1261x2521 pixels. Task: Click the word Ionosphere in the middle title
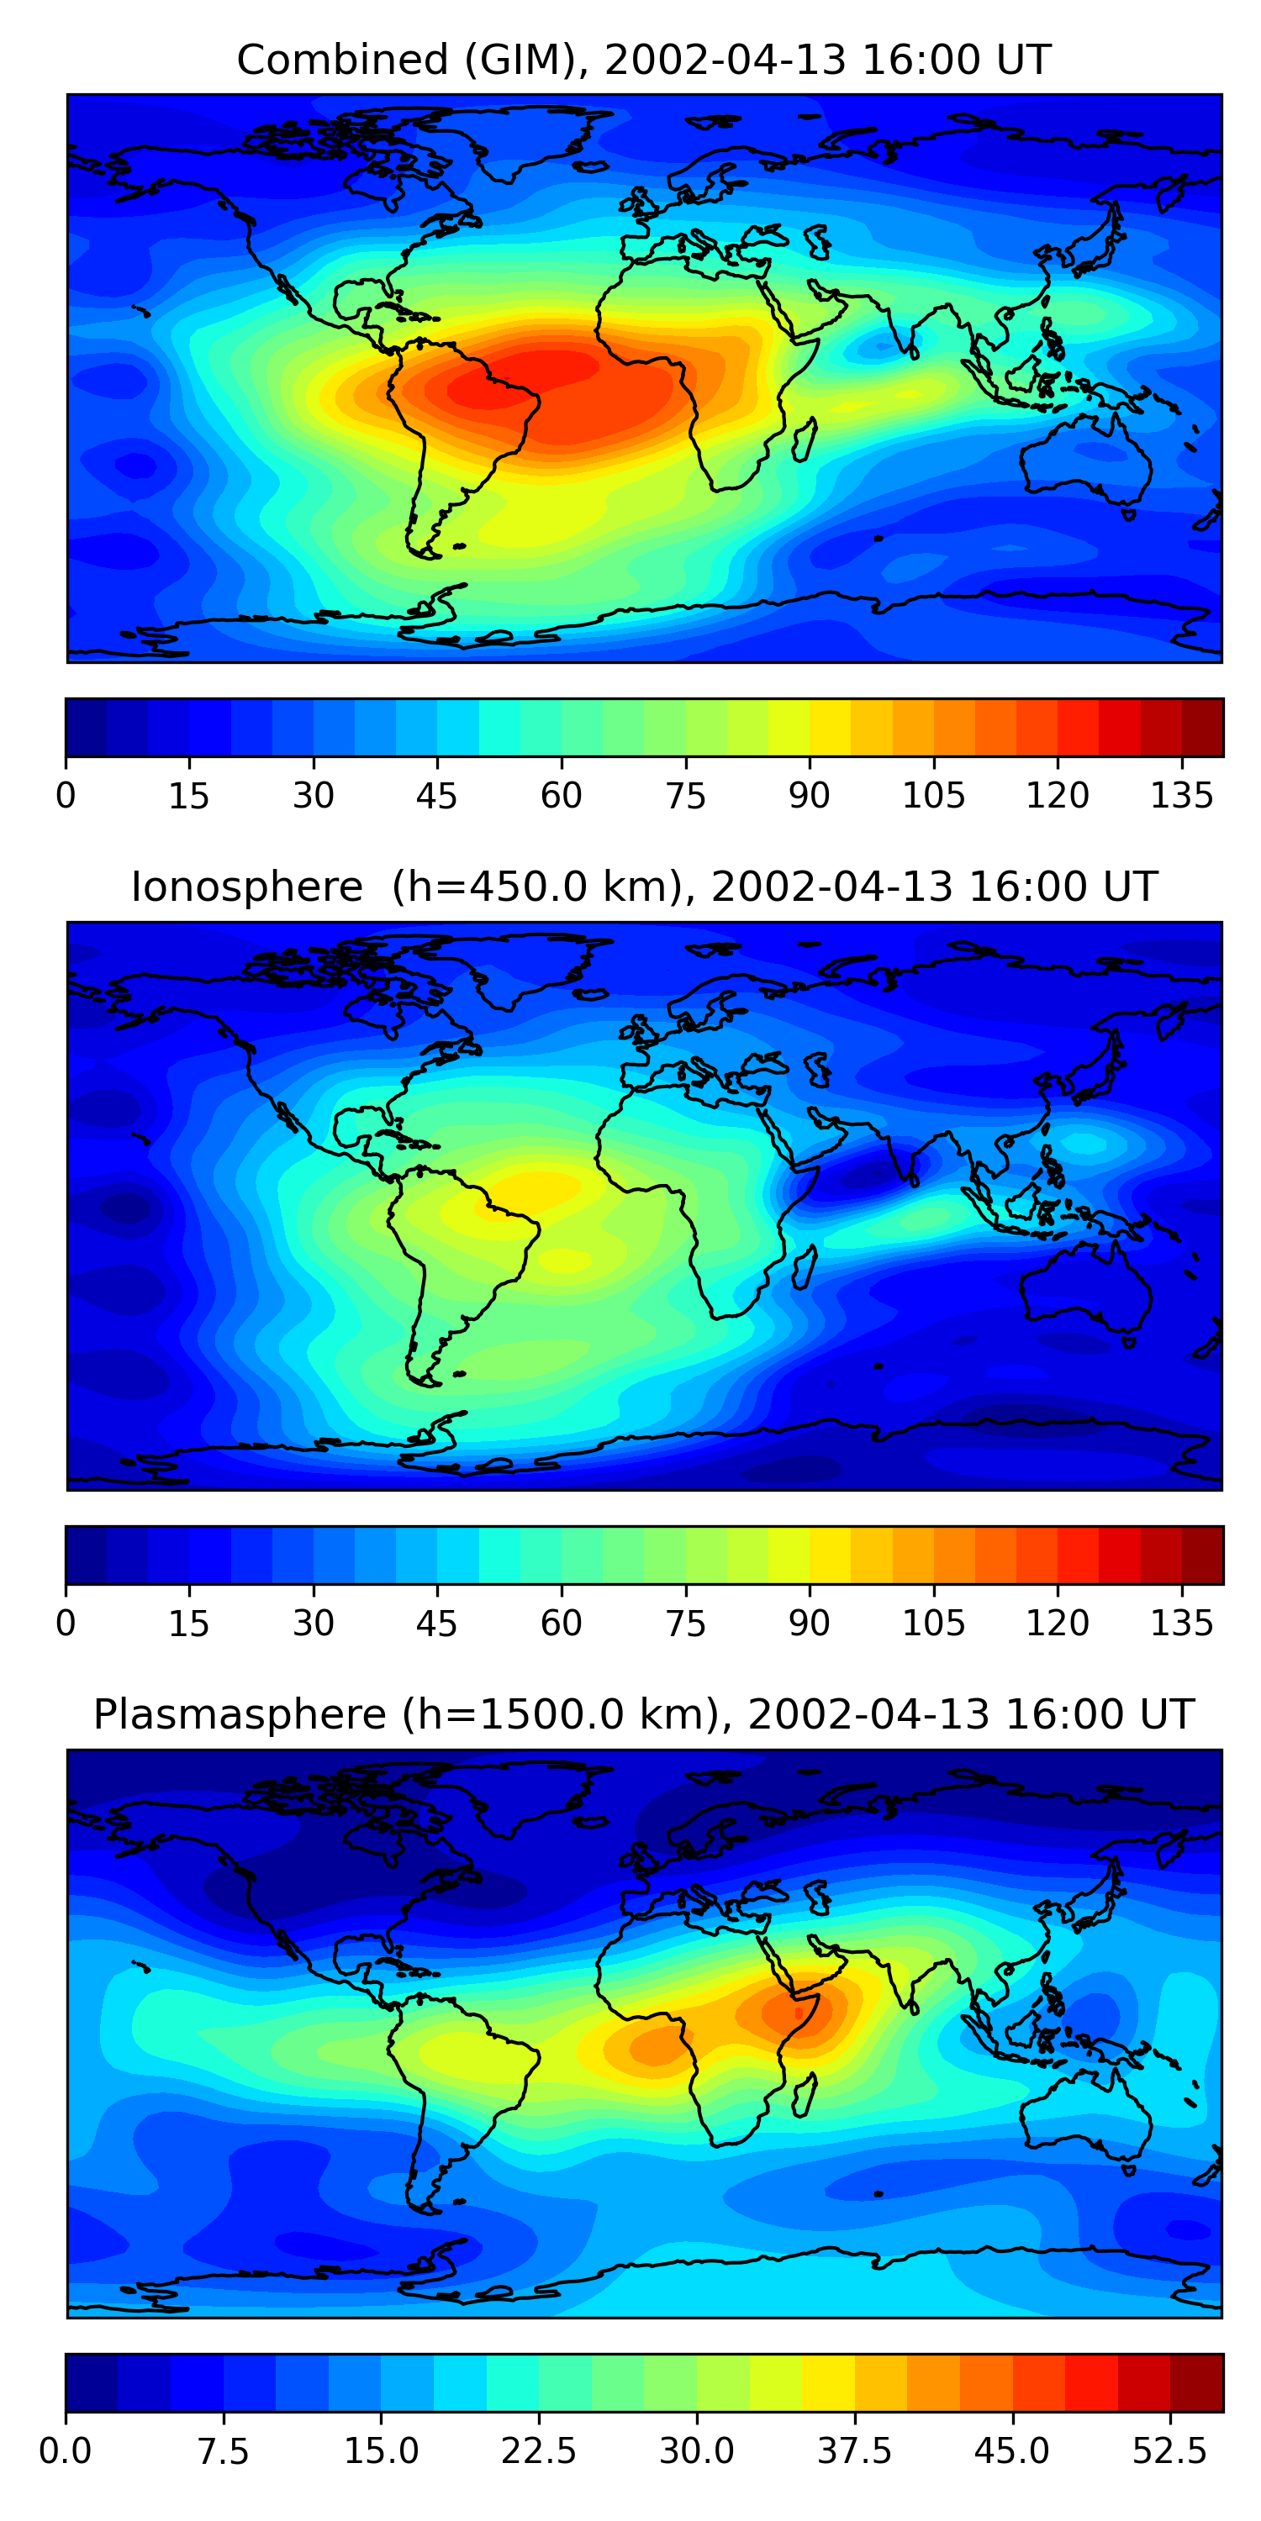(x=246, y=887)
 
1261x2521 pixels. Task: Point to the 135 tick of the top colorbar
(x=1182, y=795)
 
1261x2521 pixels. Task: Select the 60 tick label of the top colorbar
(x=561, y=795)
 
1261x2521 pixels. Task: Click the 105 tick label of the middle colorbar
(x=933, y=1623)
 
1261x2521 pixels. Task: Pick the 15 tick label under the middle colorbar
(x=189, y=1623)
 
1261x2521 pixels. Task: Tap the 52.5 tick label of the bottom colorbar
(x=1169, y=2450)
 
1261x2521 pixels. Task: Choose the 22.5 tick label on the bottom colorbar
(x=539, y=2450)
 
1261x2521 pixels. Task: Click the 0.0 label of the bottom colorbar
(x=66, y=2450)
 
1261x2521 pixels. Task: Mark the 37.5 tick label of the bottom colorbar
(x=854, y=2450)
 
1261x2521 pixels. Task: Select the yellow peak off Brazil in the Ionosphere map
(x=534, y=1189)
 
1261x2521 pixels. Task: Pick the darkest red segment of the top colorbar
(x=1202, y=727)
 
